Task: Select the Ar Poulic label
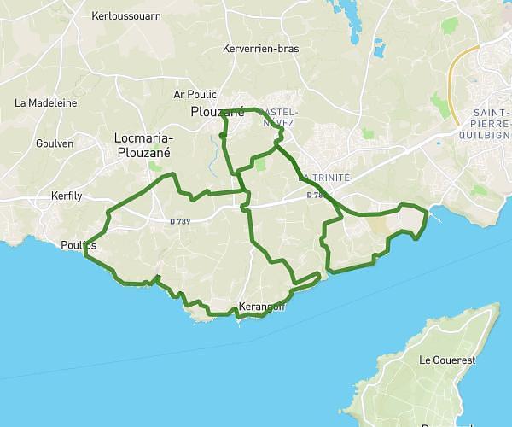(195, 95)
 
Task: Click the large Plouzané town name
(218, 112)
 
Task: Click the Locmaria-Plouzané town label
(143, 145)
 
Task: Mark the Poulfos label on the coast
(79, 245)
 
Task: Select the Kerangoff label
(262, 307)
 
